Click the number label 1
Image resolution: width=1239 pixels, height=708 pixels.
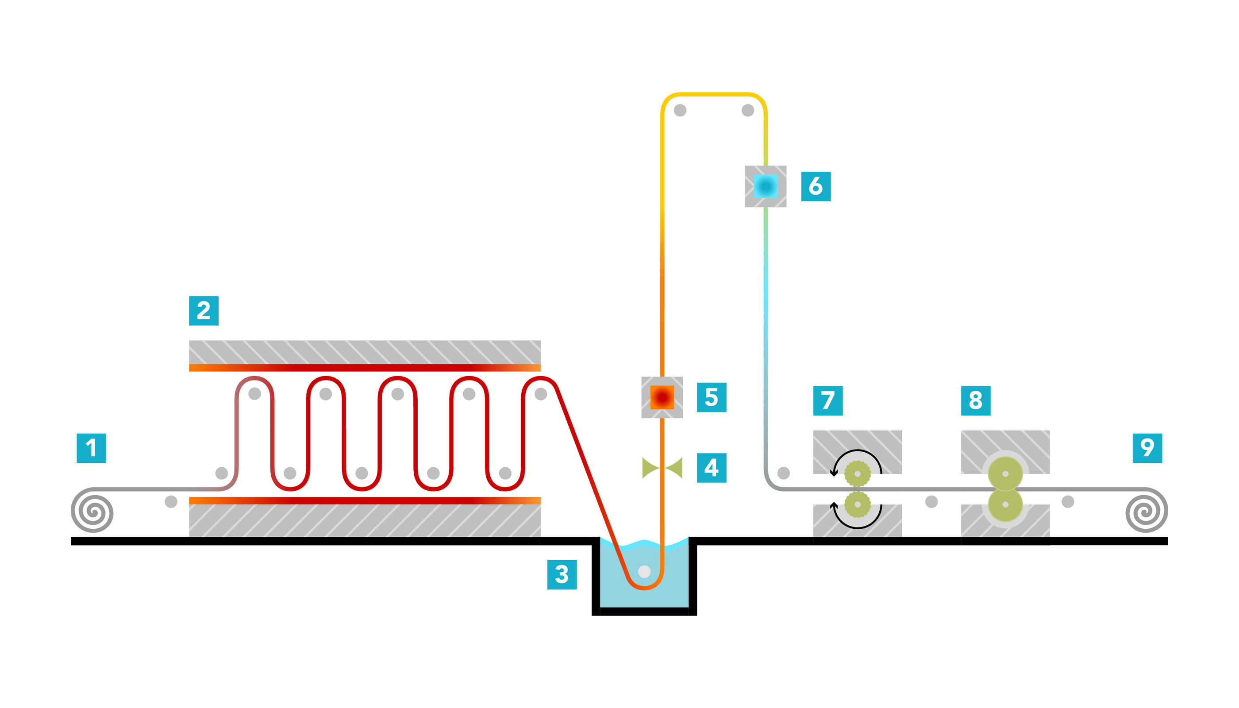pos(92,448)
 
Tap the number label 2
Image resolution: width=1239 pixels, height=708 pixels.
pos(204,311)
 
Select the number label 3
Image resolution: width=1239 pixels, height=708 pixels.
pos(562,575)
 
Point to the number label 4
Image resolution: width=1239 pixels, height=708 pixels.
pos(712,468)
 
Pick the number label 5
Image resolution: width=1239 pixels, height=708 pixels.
pos(712,397)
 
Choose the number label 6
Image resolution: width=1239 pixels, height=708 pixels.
pos(816,186)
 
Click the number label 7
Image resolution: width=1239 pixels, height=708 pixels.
pos(827,400)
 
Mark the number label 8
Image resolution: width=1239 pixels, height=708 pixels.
pos(975,400)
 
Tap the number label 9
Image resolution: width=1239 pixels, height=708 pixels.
pos(1147,448)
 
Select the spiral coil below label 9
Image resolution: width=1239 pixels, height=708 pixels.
pos(1146,511)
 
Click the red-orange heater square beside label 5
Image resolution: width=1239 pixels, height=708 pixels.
pos(662,397)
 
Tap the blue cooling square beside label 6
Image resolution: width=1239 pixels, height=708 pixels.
pos(766,186)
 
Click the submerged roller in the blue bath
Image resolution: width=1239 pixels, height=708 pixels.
pos(644,571)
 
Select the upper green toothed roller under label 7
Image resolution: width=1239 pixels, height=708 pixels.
pos(857,473)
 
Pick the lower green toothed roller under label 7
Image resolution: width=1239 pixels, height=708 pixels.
pos(857,504)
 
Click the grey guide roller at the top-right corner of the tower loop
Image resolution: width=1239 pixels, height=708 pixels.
pos(748,110)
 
